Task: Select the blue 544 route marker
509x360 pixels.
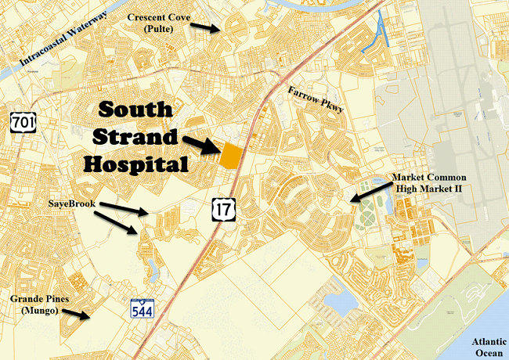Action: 143,308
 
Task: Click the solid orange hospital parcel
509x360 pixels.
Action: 230,155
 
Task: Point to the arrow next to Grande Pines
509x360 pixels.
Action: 76,314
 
